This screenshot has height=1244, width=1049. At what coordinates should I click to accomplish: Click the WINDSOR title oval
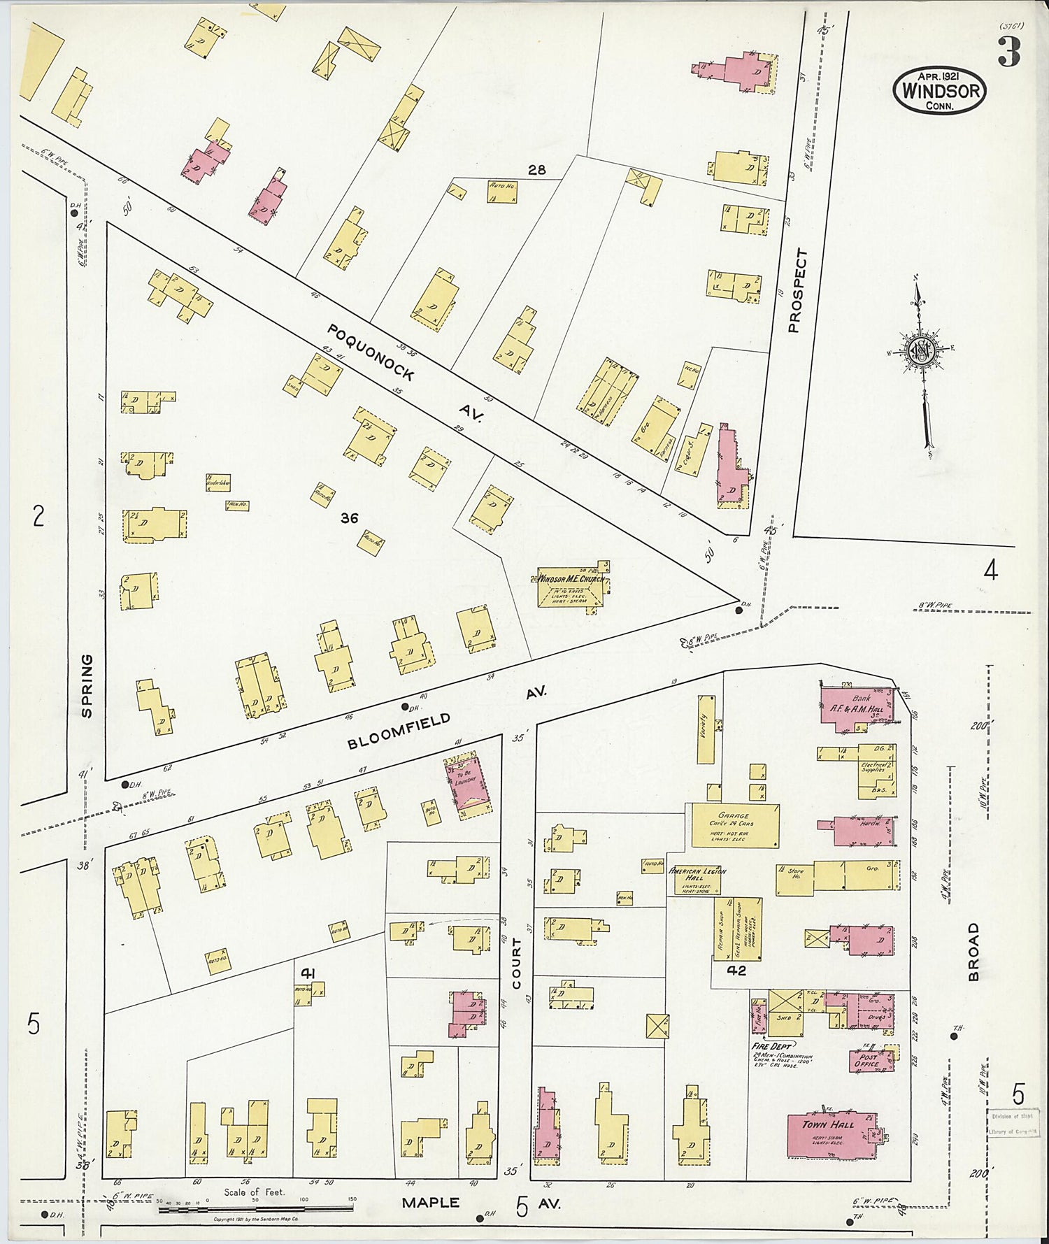(x=939, y=91)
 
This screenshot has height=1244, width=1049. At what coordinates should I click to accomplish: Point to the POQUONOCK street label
(x=371, y=352)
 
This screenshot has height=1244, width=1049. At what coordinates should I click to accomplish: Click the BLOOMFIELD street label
(x=399, y=731)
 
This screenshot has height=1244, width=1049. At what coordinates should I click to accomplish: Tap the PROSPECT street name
(x=797, y=290)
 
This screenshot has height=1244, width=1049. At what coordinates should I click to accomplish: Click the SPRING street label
(x=87, y=685)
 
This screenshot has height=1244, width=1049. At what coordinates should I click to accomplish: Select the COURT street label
(x=517, y=964)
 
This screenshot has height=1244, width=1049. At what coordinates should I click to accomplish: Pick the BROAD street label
(x=974, y=952)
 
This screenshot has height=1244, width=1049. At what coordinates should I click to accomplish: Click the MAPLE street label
(x=430, y=1203)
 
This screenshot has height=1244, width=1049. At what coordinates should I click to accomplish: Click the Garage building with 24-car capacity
(x=734, y=825)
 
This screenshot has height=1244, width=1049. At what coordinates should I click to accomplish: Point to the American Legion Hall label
(x=697, y=875)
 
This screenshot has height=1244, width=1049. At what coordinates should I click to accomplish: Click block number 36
(x=349, y=518)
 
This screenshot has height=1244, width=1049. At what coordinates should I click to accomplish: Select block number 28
(x=536, y=170)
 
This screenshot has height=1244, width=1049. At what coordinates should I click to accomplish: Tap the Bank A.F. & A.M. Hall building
(x=857, y=708)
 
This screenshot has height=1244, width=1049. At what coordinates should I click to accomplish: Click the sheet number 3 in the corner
(x=1008, y=52)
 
